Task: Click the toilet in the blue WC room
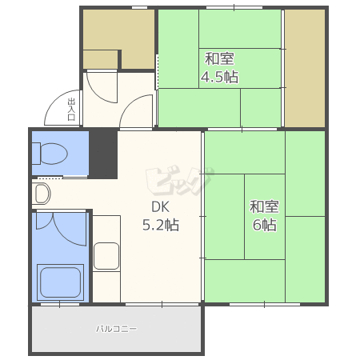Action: (x=50, y=154)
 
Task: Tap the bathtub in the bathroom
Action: (x=60, y=282)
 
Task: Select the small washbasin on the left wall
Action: (x=42, y=194)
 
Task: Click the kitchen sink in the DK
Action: (x=106, y=256)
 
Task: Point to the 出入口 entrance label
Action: (x=71, y=110)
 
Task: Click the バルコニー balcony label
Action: (x=117, y=329)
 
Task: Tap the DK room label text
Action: (x=160, y=206)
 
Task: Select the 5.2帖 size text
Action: (x=161, y=225)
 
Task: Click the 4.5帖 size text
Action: (x=219, y=77)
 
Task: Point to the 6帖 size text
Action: (x=265, y=225)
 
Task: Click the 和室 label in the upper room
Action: (x=219, y=59)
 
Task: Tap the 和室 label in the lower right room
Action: (x=264, y=206)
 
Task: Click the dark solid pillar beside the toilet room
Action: (x=103, y=154)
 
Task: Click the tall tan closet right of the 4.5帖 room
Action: (x=305, y=68)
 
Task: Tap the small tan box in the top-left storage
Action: (x=100, y=60)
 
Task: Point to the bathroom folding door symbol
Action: (x=62, y=228)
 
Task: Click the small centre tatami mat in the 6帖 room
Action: (x=265, y=217)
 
